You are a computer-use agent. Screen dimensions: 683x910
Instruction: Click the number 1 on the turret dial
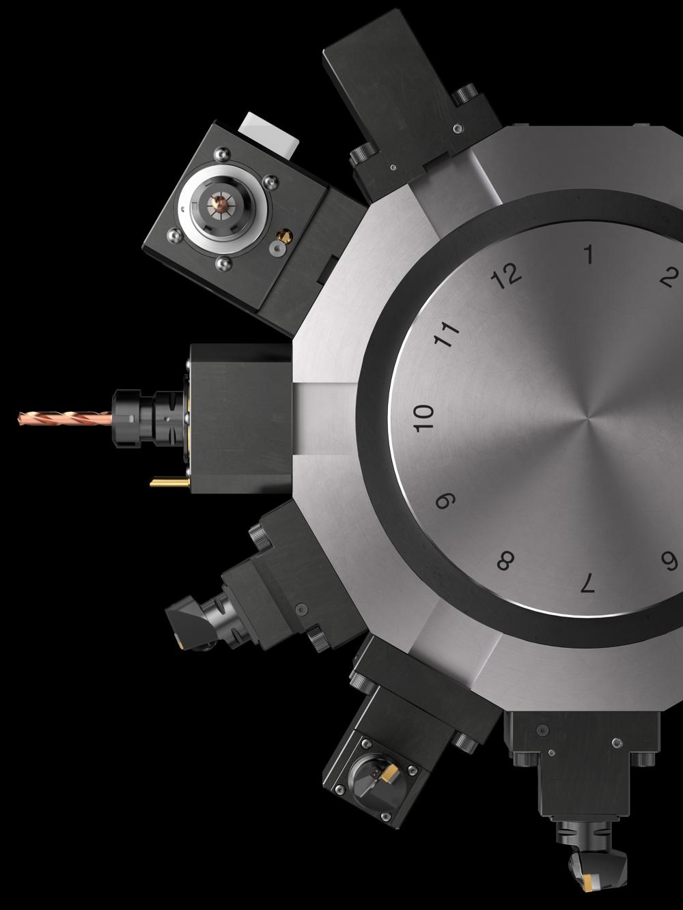[x=589, y=254]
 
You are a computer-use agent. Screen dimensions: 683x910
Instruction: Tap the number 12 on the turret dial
[x=505, y=275]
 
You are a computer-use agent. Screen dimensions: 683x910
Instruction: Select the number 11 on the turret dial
[x=447, y=334]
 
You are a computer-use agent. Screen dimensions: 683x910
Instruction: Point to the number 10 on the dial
[x=424, y=418]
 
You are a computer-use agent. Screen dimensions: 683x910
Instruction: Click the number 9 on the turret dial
[x=446, y=502]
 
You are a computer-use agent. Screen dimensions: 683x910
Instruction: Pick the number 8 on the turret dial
[x=506, y=561]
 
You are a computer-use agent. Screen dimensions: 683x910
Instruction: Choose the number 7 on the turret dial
[x=587, y=582]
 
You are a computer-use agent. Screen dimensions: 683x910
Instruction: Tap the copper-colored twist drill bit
[x=65, y=418]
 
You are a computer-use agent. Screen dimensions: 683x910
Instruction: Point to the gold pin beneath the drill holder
[x=170, y=482]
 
